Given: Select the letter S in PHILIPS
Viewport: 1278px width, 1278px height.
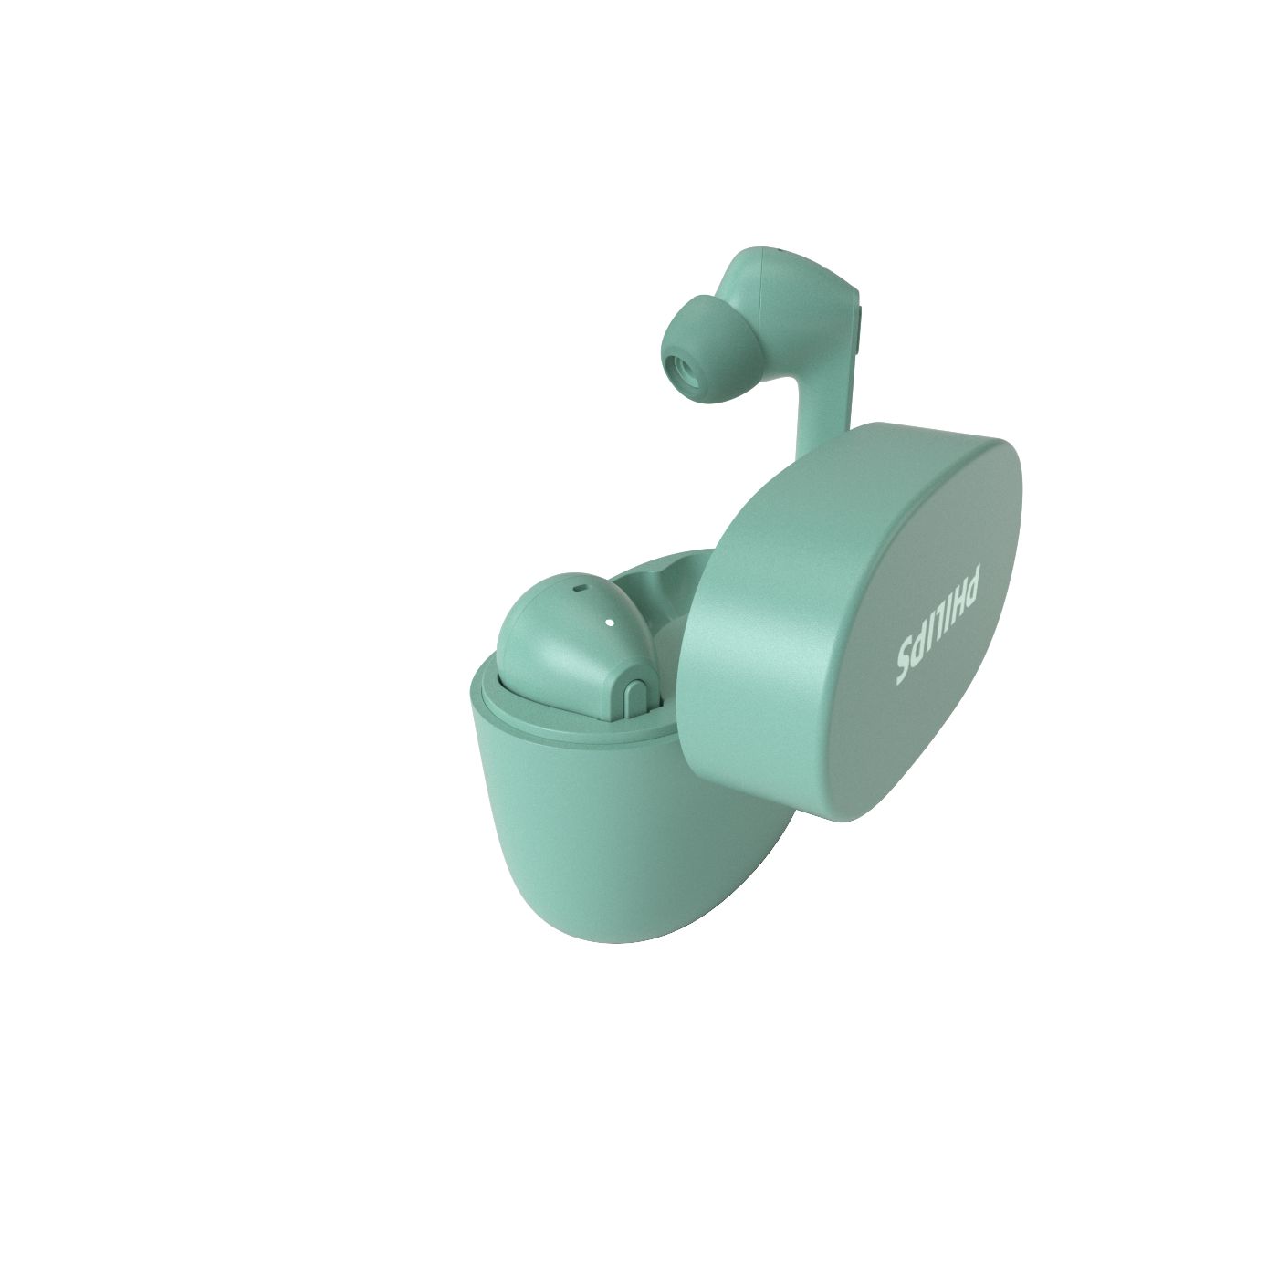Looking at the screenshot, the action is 911,672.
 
